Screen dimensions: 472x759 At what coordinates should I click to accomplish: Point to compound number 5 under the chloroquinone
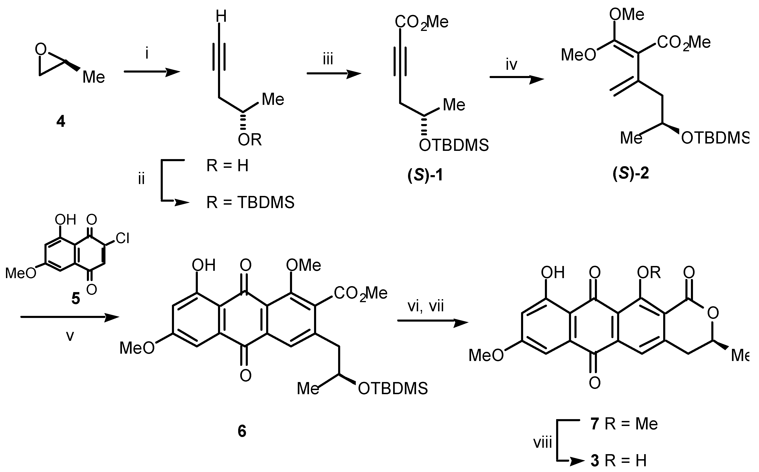point(76,299)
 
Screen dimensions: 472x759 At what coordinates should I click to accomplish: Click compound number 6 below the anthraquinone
point(242,431)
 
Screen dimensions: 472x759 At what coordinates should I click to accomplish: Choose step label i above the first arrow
point(147,54)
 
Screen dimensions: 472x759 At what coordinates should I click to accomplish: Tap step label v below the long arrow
point(70,336)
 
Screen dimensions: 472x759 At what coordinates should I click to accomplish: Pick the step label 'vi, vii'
point(425,307)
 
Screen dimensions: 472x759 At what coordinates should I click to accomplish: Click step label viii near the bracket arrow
point(542,443)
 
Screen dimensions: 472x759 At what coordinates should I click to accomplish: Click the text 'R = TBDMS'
point(250,203)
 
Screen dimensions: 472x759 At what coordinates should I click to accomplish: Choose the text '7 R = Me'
point(624,424)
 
